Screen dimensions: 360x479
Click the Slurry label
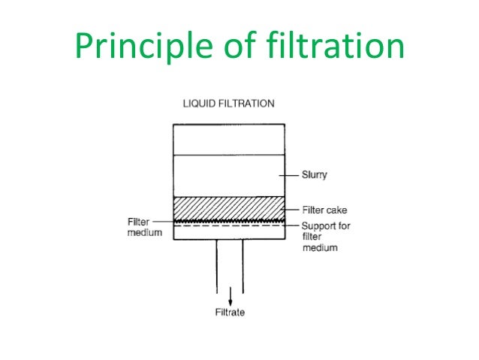[x=315, y=174]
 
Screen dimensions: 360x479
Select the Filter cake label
[x=324, y=210]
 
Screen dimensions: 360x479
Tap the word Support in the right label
[x=318, y=225]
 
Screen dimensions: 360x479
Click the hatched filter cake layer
[x=229, y=207]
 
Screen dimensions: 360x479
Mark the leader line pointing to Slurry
[x=290, y=174]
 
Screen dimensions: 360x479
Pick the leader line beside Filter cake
[x=290, y=210]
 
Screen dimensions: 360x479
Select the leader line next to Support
[x=292, y=225]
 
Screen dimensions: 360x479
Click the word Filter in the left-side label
[x=138, y=221]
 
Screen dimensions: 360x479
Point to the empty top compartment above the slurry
[x=229, y=139]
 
